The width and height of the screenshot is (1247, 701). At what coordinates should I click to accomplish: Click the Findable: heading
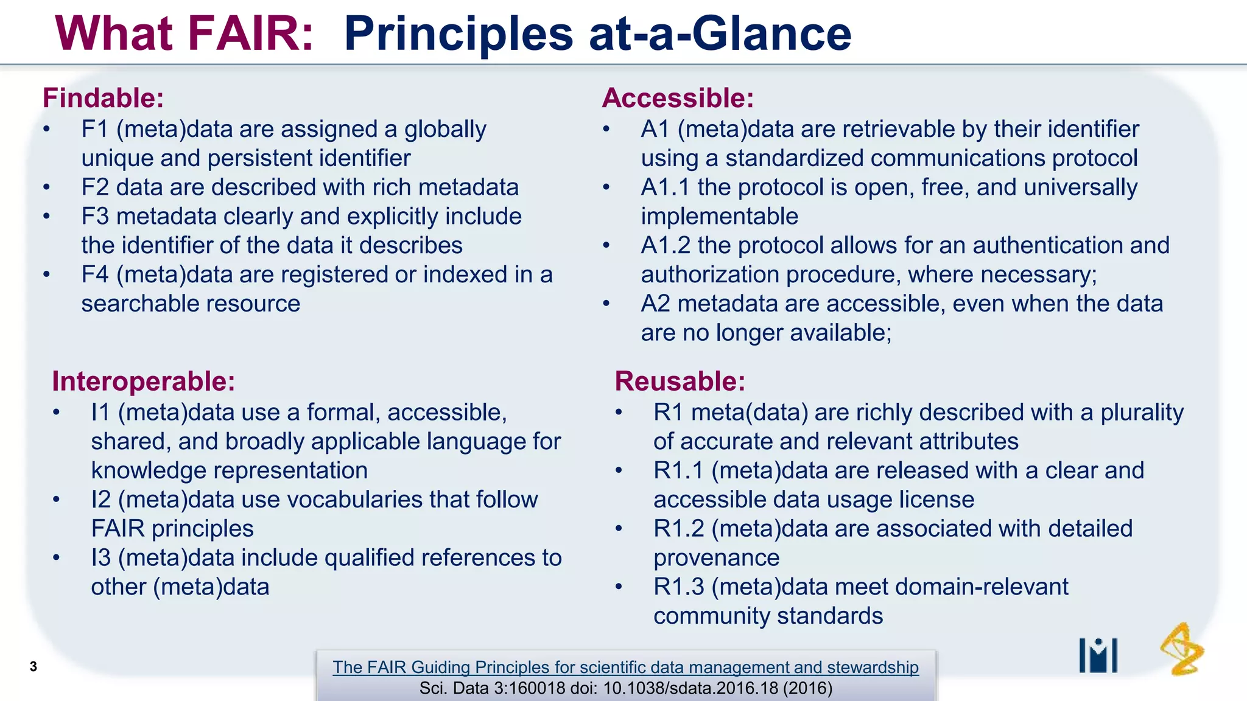[x=103, y=98]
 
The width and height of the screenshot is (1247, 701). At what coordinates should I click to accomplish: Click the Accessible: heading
[x=678, y=98]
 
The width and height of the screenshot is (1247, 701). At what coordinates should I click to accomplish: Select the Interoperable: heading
[x=143, y=382]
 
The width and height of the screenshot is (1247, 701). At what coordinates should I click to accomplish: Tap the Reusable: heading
[x=680, y=382]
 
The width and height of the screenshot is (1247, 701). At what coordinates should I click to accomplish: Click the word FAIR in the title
[x=250, y=33]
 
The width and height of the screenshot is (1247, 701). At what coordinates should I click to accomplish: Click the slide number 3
[x=33, y=666]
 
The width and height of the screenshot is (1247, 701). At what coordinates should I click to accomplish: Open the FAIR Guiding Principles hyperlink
[x=625, y=667]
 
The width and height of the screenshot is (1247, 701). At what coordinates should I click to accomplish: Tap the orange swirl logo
[x=1181, y=649]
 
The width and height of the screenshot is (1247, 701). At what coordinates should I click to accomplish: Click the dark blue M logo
[x=1098, y=655]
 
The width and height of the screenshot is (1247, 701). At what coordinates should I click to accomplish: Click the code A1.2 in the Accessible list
[x=666, y=246]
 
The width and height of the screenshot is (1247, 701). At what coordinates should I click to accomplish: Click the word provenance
[x=716, y=558]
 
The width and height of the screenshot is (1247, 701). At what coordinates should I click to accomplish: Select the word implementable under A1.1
[x=719, y=217]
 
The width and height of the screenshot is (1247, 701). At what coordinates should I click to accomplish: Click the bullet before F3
[x=46, y=217]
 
